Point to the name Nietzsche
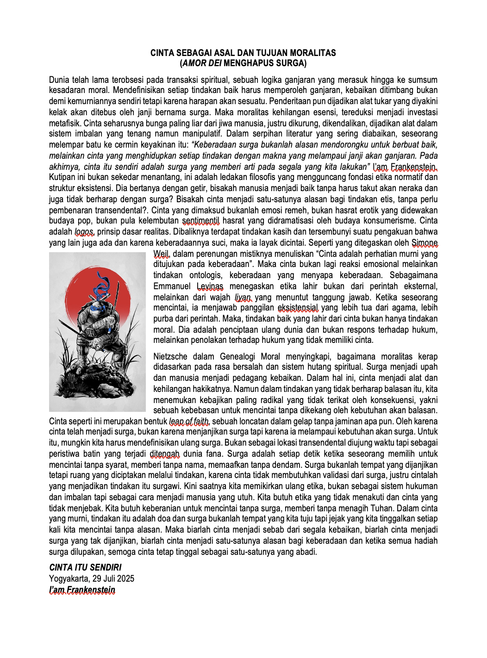[x=170, y=357]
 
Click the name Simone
[x=425, y=243]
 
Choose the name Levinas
[x=210, y=286]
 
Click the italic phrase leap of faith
[x=189, y=422]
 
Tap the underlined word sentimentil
[x=200, y=221]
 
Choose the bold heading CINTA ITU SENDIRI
[x=85, y=567]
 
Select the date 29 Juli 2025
[x=113, y=578]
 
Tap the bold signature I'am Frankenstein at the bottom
[x=82, y=590]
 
